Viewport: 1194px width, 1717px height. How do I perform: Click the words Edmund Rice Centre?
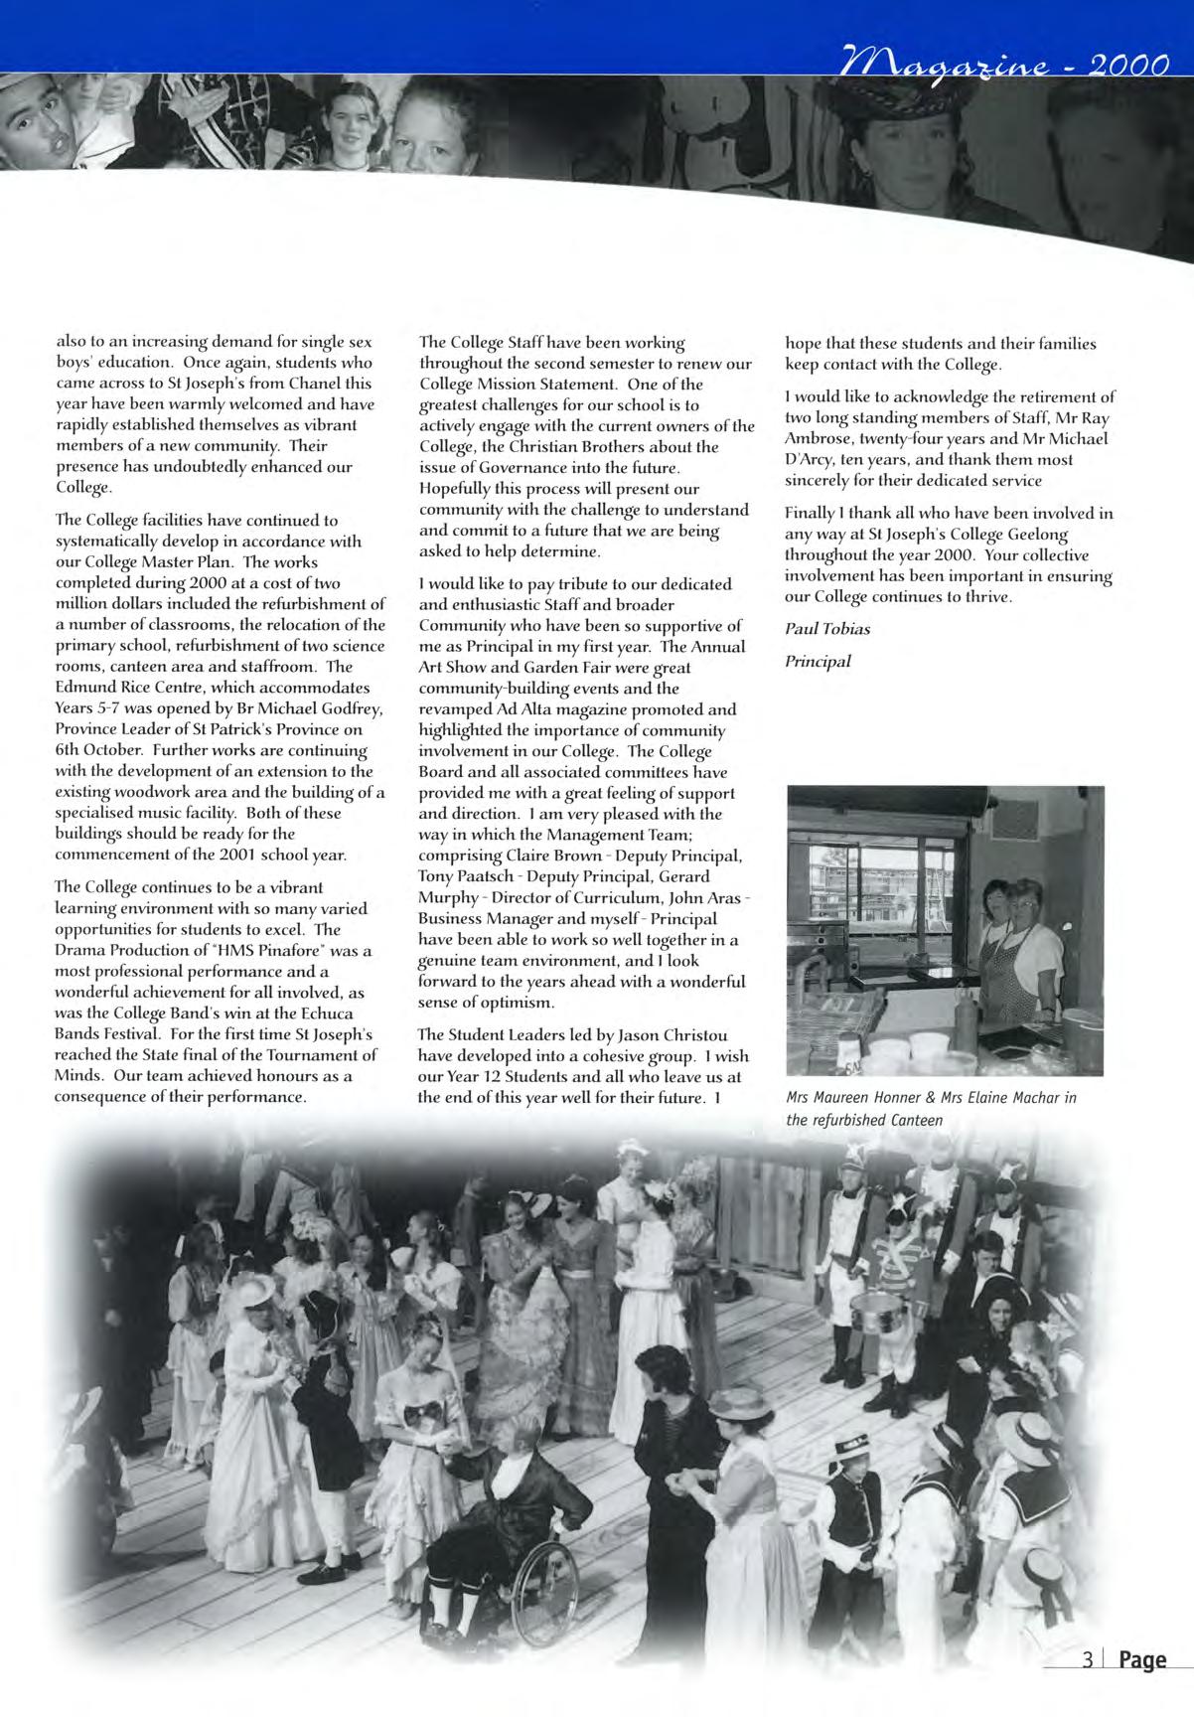(125, 688)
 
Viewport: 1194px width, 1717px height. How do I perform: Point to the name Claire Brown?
(554, 856)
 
